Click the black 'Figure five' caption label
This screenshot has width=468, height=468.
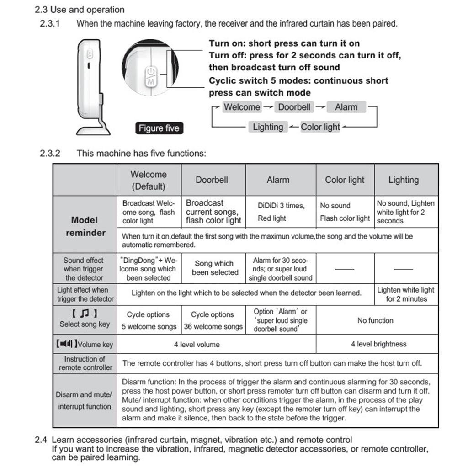[159, 128]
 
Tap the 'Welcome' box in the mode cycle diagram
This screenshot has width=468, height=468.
[242, 107]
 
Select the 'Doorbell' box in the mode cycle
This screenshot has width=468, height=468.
[294, 107]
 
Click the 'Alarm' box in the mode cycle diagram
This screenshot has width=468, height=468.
[346, 107]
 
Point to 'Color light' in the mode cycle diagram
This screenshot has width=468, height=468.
[320, 127]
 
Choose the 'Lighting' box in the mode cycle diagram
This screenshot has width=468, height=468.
[268, 127]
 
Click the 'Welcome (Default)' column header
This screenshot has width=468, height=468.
[149, 180]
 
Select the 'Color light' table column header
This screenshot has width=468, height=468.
[345, 180]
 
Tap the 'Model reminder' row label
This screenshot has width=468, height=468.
[85, 226]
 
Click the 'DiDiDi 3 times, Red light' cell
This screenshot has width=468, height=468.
[281, 212]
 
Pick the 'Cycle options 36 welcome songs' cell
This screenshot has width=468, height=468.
[213, 320]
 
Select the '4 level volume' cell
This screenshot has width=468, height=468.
[197, 344]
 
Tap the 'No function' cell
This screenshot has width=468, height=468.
[375, 320]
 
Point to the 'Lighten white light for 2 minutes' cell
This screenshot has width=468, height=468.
[405, 294]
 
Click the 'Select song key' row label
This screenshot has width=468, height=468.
[85, 319]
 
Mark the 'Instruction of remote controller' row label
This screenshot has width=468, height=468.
[85, 363]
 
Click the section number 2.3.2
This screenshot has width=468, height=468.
[50, 153]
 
